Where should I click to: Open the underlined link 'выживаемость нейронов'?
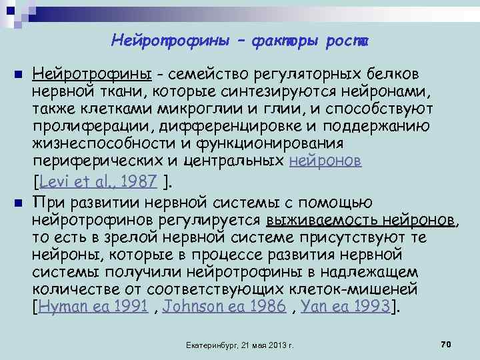click(x=361, y=221)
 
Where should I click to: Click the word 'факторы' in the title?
click(x=278, y=41)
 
